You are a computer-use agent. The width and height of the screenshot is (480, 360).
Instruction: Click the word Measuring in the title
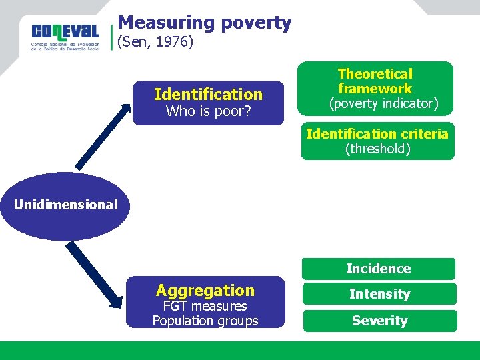[156, 23]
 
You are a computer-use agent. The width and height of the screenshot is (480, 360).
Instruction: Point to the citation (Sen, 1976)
[155, 43]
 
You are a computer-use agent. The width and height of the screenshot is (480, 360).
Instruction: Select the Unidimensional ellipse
[65, 205]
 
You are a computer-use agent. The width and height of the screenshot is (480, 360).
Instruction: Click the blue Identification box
[208, 103]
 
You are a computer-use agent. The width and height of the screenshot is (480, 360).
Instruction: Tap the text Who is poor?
[208, 111]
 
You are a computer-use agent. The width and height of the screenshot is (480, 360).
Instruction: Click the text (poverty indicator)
[383, 104]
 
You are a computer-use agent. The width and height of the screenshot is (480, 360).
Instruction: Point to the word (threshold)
[377, 149]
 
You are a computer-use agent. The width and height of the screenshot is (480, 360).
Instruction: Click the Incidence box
[378, 269]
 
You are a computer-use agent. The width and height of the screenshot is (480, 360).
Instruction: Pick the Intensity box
[379, 294]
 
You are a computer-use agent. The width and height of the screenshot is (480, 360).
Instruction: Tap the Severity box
[379, 321]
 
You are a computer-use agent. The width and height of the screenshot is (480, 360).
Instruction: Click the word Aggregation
[205, 290]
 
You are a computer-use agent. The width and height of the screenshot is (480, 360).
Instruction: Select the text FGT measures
[205, 306]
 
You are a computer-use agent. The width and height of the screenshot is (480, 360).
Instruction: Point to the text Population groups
[205, 321]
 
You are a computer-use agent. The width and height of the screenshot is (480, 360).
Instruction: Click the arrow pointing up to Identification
[102, 136]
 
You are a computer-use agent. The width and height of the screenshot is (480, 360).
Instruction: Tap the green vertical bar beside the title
[111, 37]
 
